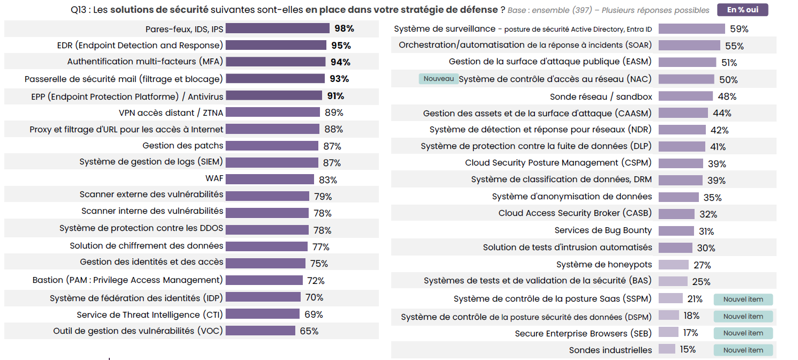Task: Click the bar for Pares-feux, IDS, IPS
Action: click(x=278, y=28)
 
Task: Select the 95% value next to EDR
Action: click(x=341, y=46)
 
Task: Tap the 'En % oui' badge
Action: click(x=742, y=10)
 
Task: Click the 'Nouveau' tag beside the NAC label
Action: click(x=438, y=79)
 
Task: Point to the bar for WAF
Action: click(x=270, y=179)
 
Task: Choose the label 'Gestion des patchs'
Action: click(x=183, y=146)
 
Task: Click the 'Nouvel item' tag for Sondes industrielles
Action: click(x=743, y=350)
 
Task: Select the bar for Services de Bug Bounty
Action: click(x=676, y=231)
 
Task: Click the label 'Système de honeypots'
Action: click(x=604, y=265)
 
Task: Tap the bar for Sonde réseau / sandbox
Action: click(x=685, y=96)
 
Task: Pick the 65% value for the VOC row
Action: click(x=309, y=331)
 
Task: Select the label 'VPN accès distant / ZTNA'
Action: click(x=171, y=112)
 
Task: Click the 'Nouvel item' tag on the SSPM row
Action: click(x=743, y=299)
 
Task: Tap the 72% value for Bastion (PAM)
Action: click(x=316, y=281)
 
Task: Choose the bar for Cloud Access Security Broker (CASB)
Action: click(x=676, y=214)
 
